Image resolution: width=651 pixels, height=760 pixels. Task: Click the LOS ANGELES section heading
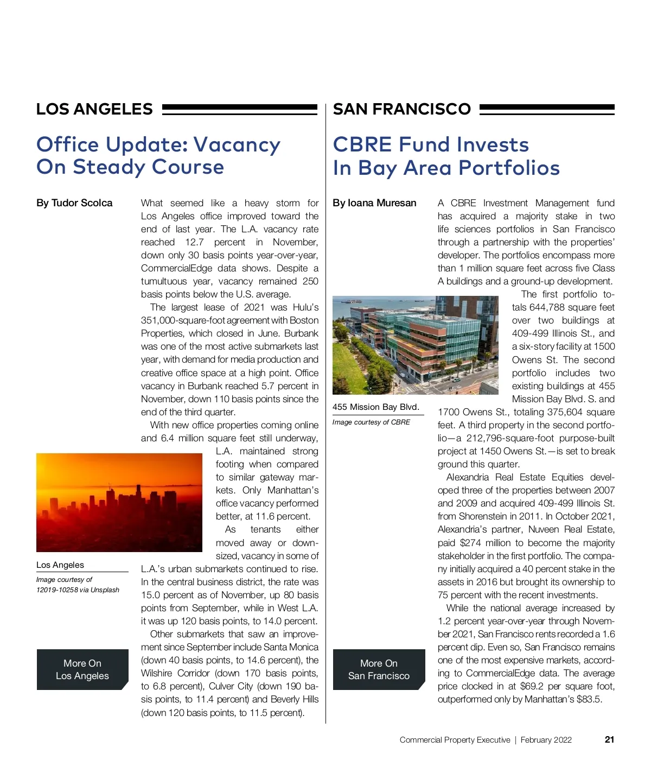[94, 109]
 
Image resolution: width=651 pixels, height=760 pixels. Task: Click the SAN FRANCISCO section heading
[401, 109]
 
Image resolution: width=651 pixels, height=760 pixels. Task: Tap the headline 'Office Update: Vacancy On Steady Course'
[158, 156]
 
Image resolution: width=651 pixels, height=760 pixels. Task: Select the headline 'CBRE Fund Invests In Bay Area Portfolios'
[446, 156]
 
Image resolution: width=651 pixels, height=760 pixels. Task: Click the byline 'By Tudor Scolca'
[74, 203]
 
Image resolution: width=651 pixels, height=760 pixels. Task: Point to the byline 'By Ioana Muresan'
[374, 203]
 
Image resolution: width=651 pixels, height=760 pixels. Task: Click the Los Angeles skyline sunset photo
[119, 502]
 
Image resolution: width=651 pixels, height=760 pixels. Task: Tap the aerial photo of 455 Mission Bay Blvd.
[415, 345]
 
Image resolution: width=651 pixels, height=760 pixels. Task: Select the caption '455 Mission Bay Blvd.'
[375, 407]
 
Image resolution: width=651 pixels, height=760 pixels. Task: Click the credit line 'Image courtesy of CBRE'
[371, 422]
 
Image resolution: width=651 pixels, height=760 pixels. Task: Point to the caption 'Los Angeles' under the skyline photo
[60, 565]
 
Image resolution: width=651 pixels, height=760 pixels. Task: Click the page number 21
[609, 739]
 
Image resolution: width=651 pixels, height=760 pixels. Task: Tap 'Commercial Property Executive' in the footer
[455, 740]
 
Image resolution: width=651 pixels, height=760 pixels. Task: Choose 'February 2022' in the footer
[546, 740]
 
